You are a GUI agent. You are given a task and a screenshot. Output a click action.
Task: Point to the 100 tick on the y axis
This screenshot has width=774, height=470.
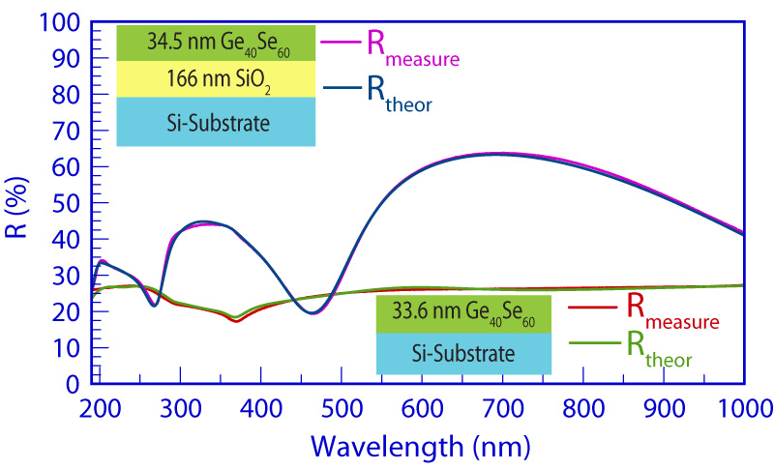66,22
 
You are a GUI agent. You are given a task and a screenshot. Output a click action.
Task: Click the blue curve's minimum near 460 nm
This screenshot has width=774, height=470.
447,312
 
